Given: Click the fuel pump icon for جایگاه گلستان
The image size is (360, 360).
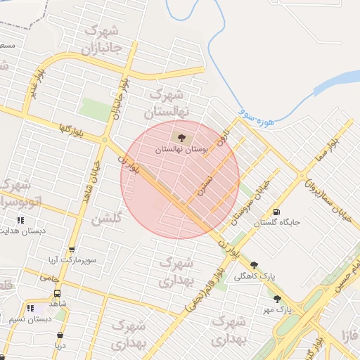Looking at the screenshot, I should point(275,212).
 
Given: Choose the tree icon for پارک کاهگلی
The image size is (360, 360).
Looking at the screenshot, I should point(253,266).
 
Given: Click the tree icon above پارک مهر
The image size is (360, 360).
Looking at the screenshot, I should point(276,298).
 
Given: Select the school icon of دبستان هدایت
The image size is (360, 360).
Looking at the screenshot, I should point(20,220).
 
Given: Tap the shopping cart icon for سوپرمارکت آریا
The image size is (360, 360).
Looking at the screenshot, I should point(71,250).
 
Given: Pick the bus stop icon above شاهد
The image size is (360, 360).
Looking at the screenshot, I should point(56,293).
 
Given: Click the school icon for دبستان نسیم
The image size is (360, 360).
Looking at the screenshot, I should point(30,308).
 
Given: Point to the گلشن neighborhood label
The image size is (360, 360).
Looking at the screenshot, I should point(108,218).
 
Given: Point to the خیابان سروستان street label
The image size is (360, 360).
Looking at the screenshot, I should point(252,199).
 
